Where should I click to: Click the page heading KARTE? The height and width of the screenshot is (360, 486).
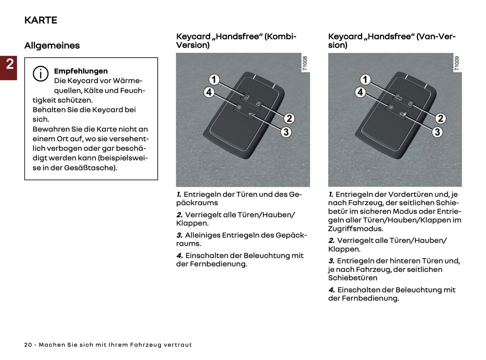click(x=41, y=20)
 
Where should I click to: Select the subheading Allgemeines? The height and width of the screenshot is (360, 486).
click(x=52, y=45)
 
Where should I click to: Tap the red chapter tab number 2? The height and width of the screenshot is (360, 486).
click(x=9, y=64)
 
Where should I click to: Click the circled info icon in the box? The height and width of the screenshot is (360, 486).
click(x=40, y=74)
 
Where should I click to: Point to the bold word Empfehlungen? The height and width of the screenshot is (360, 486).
click(x=81, y=71)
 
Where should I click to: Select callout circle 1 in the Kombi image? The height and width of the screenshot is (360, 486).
click(x=214, y=80)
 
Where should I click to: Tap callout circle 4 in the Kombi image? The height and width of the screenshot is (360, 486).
click(x=209, y=92)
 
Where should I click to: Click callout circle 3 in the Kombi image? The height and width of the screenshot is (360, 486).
click(x=286, y=132)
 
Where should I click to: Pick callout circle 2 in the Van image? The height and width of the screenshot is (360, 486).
click(x=440, y=118)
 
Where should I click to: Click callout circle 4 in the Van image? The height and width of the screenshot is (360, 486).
click(x=360, y=92)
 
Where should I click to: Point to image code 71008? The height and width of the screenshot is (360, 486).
click(x=305, y=63)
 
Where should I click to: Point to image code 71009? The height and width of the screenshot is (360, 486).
click(x=456, y=63)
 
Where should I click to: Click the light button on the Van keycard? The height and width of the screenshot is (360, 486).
click(x=391, y=107)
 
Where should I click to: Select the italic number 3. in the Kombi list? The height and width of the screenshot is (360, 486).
click(x=179, y=235)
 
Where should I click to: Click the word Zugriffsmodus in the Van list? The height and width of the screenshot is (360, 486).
click(x=356, y=229)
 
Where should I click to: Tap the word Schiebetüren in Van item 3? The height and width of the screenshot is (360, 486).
click(x=352, y=278)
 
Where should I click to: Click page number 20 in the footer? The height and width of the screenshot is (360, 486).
click(x=28, y=345)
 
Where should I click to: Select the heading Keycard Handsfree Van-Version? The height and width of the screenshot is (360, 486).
click(x=391, y=40)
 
